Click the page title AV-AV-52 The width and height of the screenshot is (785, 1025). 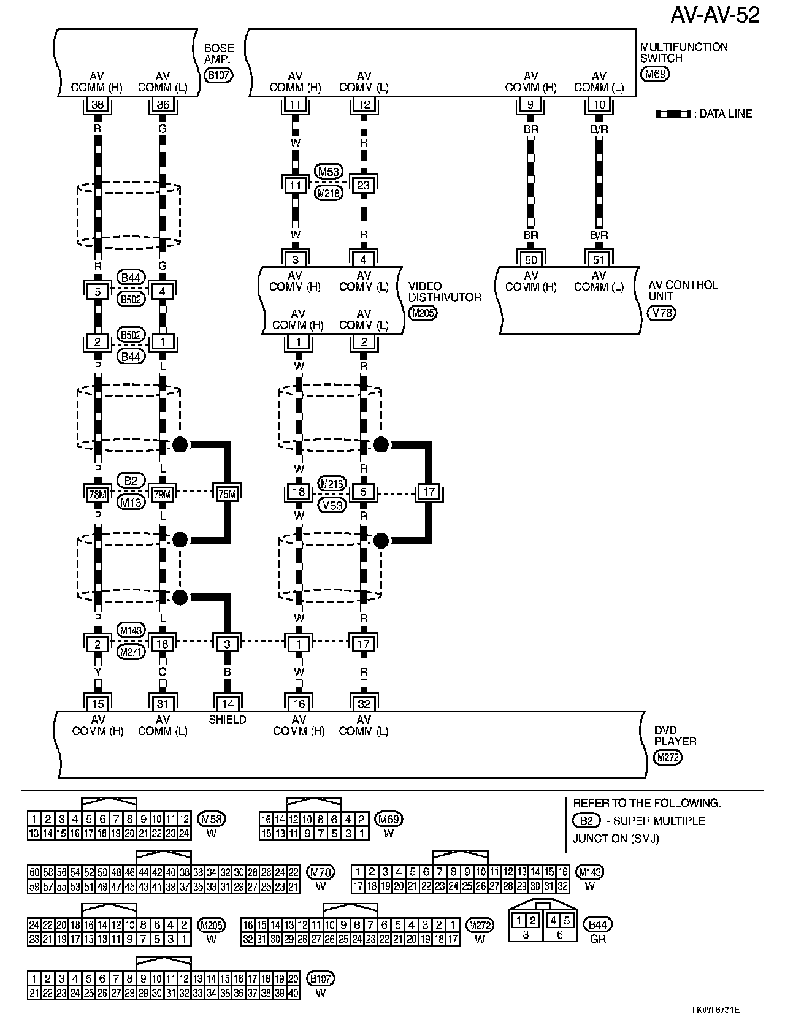click(714, 15)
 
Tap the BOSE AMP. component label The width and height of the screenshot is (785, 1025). click(218, 54)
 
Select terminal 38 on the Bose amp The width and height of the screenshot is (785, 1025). click(98, 105)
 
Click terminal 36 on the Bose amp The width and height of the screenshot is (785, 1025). click(163, 105)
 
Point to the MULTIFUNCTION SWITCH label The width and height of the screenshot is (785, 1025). click(684, 53)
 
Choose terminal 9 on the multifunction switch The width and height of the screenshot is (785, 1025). click(530, 105)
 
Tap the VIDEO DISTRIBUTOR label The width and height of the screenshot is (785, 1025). click(445, 292)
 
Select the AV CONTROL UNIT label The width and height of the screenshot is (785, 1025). click(683, 290)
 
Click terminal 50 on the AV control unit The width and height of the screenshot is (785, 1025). click(530, 259)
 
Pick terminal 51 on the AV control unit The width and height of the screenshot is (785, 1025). click(599, 259)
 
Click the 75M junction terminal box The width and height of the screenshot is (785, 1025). click(227, 492)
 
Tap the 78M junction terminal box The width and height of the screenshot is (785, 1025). click(98, 492)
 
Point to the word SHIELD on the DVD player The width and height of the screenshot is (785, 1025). click(228, 720)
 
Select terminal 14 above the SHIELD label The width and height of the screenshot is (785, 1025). click(228, 704)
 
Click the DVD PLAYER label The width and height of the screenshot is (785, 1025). click(675, 735)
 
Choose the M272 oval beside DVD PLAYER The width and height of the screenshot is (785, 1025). click(668, 757)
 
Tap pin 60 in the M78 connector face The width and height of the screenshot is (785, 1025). click(34, 872)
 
